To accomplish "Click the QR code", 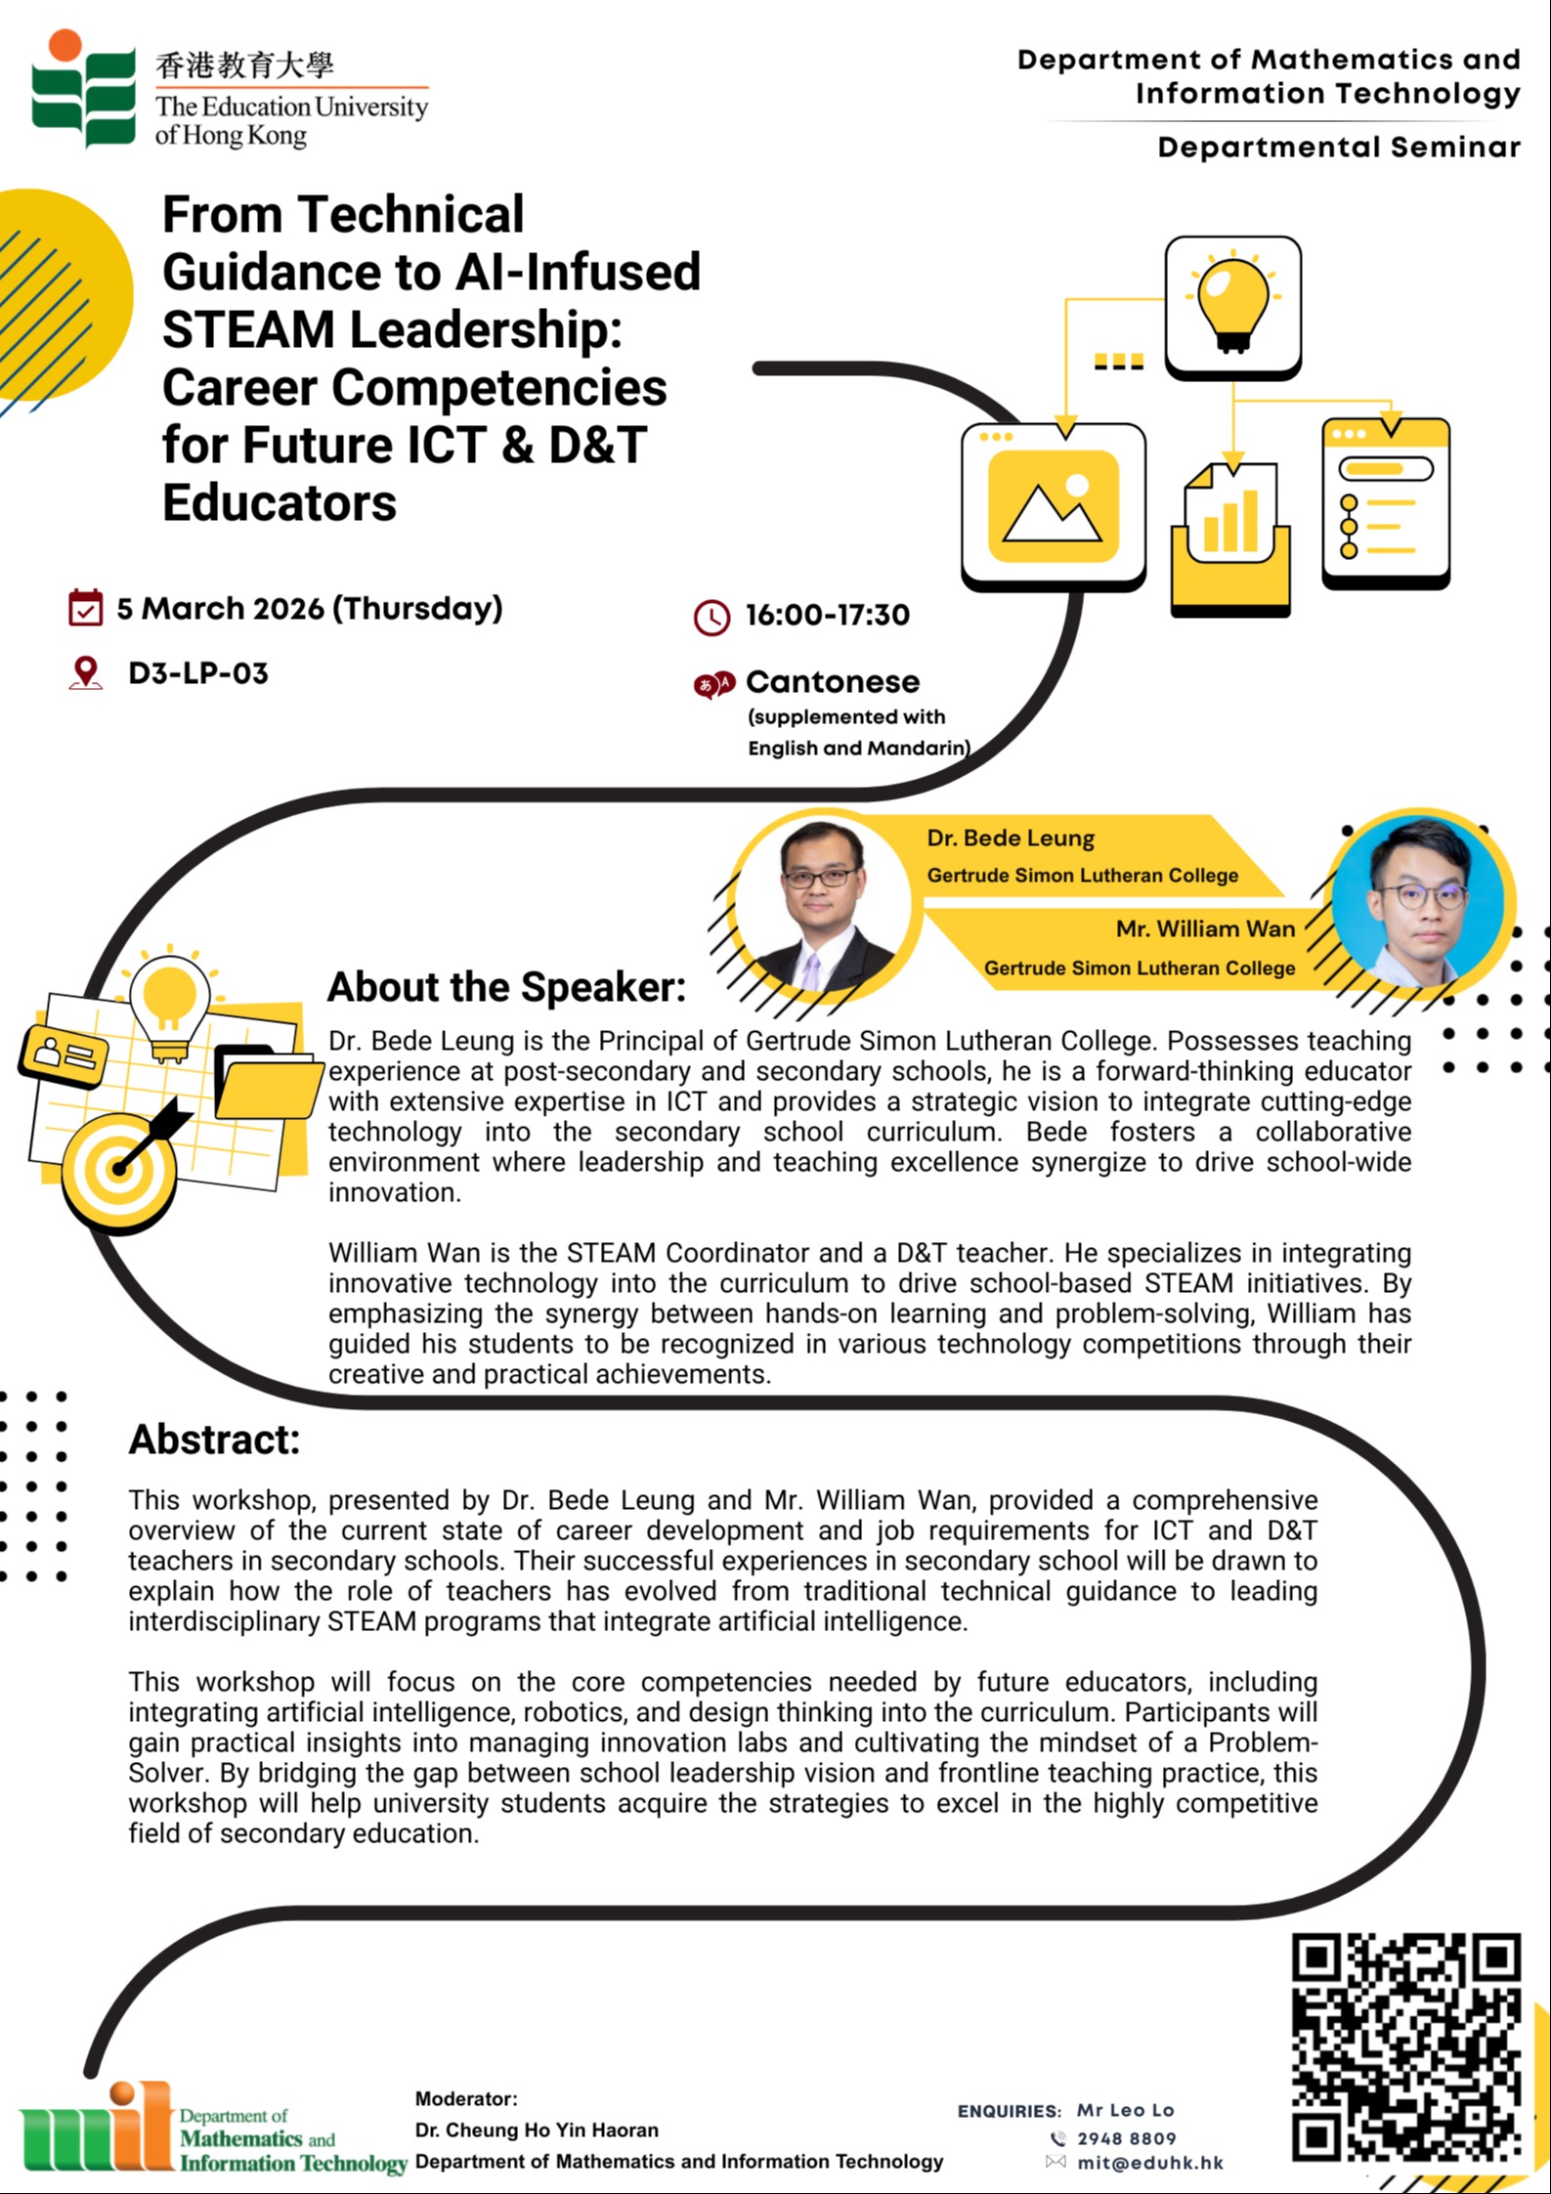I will [1405, 2047].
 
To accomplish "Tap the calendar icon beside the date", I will [85, 607].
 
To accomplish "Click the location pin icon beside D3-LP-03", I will [86, 672].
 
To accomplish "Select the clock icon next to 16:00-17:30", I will [711, 617].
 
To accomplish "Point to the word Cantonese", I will [832, 681].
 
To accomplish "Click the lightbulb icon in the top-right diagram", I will [1231, 304].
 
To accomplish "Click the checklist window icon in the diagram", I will [1385, 503].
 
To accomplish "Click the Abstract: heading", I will [214, 1440].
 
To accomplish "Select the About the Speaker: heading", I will [506, 987].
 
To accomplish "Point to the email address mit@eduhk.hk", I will [1150, 2163].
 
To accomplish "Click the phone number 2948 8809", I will [1126, 2138].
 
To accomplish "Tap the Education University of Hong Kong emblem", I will [83, 89].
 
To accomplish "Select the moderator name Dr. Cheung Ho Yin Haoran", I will [537, 2129].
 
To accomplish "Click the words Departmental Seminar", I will [1338, 148].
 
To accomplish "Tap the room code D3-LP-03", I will [198, 673].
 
